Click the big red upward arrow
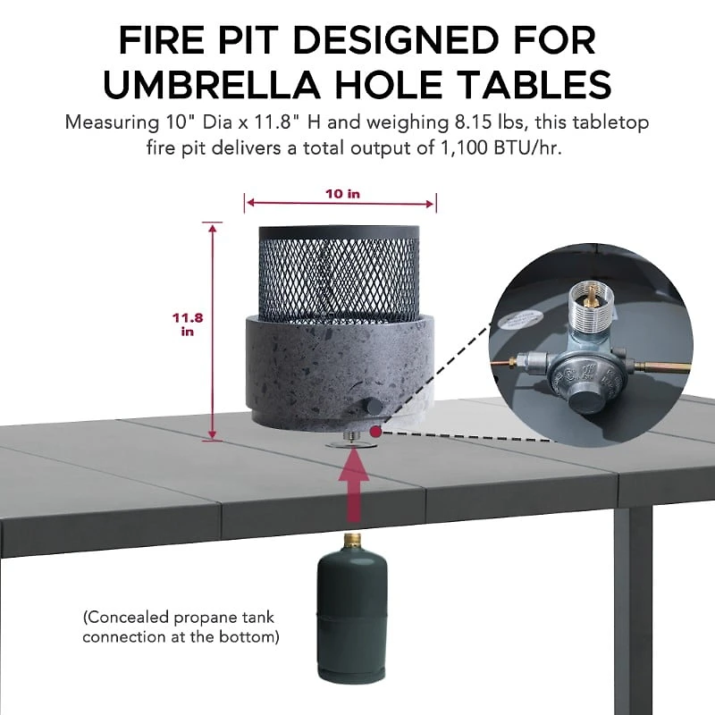click(x=353, y=487)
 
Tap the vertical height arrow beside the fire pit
click(x=212, y=331)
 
